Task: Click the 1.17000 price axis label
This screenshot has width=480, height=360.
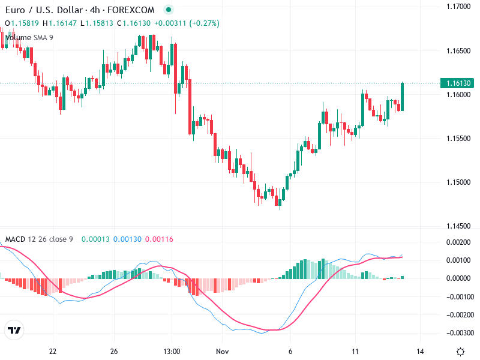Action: [x=458, y=7]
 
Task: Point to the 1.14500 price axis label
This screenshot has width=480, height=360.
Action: [x=458, y=226]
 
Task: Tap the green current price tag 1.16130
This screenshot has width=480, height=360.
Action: [x=458, y=83]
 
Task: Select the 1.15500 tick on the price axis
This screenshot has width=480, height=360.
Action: [x=458, y=139]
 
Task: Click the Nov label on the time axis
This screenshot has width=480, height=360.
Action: [x=223, y=352]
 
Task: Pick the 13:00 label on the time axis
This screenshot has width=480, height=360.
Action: [x=172, y=352]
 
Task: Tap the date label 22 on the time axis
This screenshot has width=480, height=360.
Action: [x=53, y=352]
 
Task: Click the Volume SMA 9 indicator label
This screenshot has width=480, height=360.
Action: [x=29, y=37]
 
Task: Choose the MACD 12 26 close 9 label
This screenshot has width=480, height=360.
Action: [x=39, y=239]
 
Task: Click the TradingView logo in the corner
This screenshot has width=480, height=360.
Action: [x=14, y=331]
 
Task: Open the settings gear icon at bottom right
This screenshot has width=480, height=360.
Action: [x=460, y=352]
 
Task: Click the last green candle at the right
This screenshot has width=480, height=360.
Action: [x=402, y=96]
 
